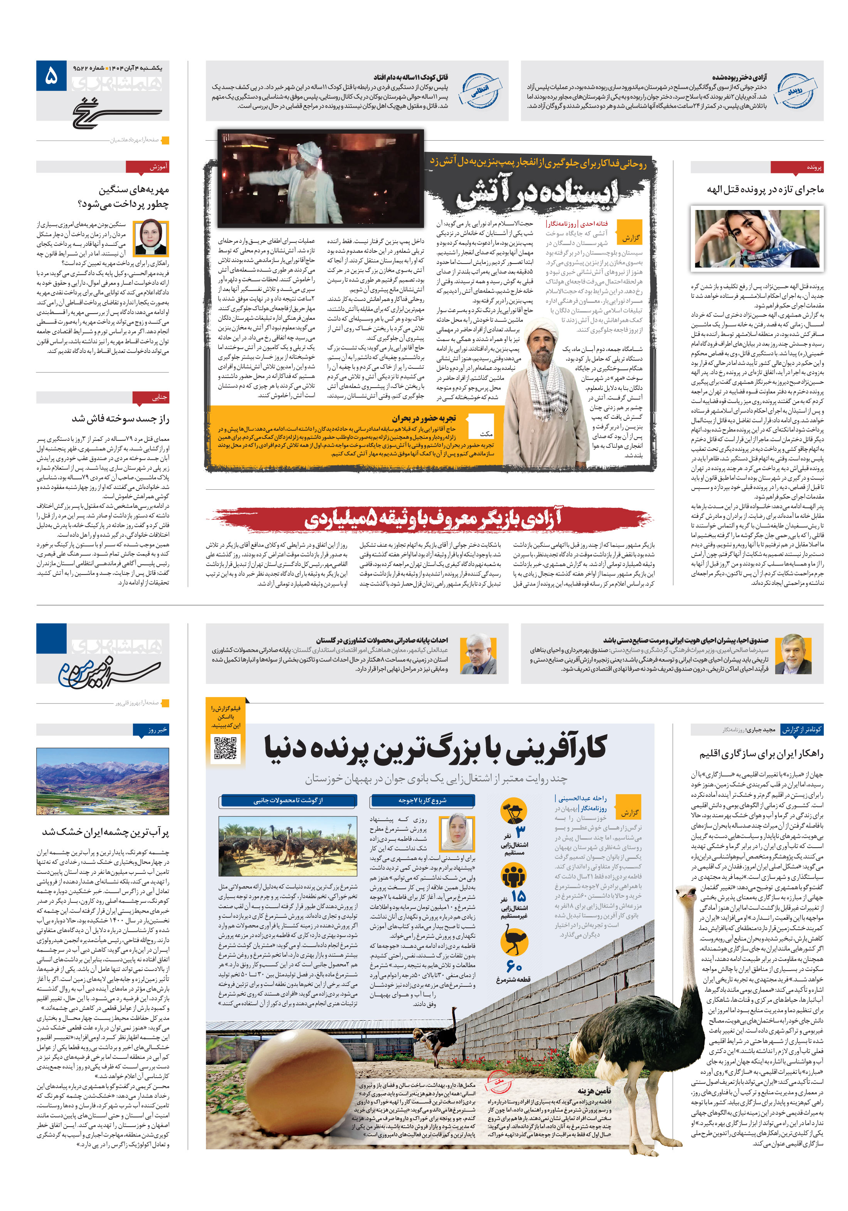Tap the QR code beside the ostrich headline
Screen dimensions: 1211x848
coord(225,747)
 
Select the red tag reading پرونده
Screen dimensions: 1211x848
coord(796,167)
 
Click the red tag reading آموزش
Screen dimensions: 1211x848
coord(147,167)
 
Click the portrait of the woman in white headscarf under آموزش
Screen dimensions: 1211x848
coord(151,237)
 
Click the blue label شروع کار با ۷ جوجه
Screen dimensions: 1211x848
coord(422,800)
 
